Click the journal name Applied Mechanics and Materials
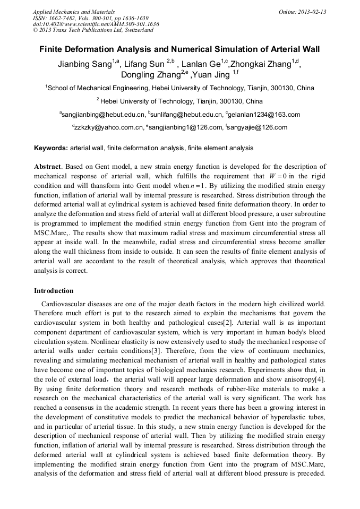74,11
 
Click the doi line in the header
96,24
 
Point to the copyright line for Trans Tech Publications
93,30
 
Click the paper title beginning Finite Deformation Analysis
179,50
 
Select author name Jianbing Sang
84,65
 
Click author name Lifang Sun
145,65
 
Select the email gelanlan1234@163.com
264,114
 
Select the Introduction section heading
54,291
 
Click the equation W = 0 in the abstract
278,176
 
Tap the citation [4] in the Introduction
321,379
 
